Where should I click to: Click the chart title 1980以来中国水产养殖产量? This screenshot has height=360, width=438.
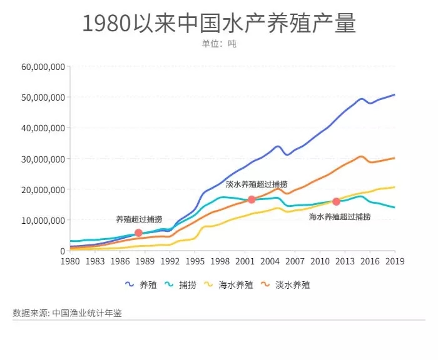(219, 24)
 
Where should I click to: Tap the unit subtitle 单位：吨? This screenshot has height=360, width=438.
(219, 44)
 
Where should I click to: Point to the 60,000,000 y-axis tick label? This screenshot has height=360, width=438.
(42, 67)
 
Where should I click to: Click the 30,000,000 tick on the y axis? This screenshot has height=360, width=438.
(42, 159)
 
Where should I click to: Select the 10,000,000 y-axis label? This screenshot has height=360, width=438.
(42, 220)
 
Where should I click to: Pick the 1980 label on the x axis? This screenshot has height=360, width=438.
(70, 261)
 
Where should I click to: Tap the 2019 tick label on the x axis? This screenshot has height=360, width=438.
(395, 261)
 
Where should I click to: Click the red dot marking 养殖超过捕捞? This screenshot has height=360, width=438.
(138, 233)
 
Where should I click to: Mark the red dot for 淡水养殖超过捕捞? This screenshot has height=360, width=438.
(252, 199)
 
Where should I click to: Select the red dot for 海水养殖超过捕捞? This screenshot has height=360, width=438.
(336, 201)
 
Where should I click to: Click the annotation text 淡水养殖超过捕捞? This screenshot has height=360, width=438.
(257, 184)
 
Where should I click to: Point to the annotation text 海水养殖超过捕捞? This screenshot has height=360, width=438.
(340, 217)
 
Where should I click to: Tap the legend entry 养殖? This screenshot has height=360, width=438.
(141, 284)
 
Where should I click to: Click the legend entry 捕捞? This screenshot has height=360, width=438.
(181, 284)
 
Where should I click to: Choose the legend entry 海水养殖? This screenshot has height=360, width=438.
(228, 284)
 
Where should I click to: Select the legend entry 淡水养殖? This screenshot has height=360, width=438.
(285, 284)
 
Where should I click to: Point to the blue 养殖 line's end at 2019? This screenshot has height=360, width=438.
(394, 95)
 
